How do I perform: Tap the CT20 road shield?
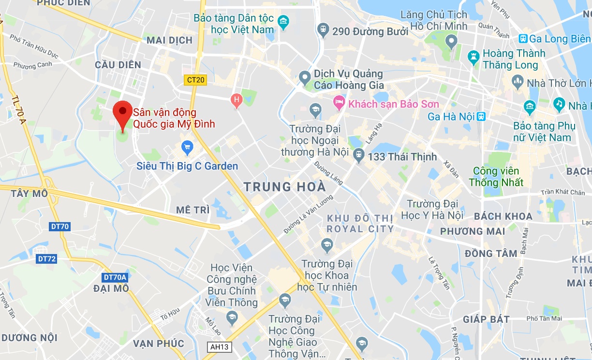coord(195,80)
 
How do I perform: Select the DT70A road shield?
coord(115,277)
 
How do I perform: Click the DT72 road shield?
coord(47,259)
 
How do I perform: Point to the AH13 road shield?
coord(220,347)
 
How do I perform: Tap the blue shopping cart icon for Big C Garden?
coord(187,147)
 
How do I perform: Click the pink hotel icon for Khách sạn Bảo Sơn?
coord(339,103)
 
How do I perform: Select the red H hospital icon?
coord(236,100)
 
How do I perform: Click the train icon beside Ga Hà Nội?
coord(481,116)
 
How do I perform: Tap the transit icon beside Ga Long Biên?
coord(522,39)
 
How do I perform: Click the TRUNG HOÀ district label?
coord(284,187)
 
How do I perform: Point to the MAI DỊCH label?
coord(169,40)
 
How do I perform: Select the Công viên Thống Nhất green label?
coord(496,177)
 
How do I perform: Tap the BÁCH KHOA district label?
coord(503,216)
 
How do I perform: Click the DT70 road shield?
coord(60,226)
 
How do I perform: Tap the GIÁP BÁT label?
coord(486,319)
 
